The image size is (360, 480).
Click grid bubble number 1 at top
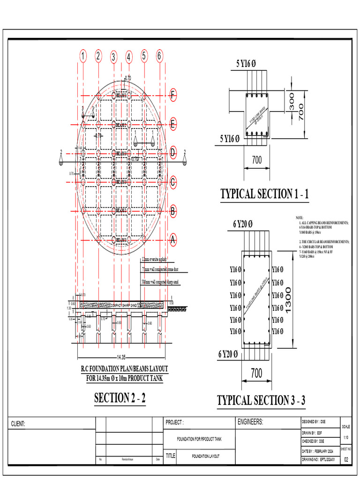[83, 57]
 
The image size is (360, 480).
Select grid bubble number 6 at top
[159, 56]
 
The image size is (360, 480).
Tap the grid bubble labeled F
[173, 96]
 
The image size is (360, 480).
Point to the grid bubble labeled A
[173, 240]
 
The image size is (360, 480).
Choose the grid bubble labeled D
[173, 153]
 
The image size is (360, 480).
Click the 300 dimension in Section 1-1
[292, 101]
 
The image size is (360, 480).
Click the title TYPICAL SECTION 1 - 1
[265, 194]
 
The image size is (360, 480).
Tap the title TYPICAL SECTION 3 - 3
[262, 400]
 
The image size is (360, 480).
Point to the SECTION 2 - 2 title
[120, 398]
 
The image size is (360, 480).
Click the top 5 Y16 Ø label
[247, 63]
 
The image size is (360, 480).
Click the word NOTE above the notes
[300, 218]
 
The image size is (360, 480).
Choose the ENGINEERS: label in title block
[251, 422]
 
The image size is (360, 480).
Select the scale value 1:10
[346, 437]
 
